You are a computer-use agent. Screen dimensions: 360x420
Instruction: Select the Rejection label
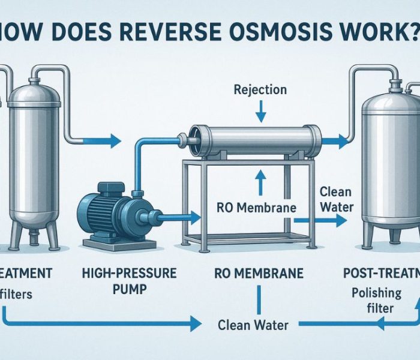260,90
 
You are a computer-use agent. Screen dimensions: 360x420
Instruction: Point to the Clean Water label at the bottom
254,325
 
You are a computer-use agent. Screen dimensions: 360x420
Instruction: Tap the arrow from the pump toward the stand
180,214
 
